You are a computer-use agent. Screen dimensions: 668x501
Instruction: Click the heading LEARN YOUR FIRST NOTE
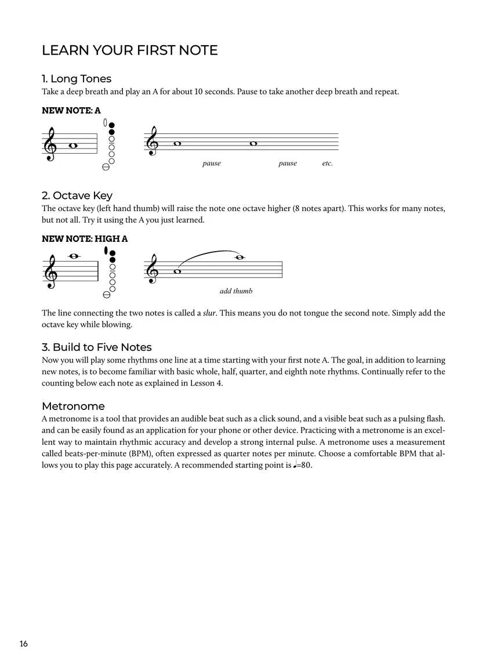coord(129,50)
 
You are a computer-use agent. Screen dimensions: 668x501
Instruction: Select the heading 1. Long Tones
coord(76,79)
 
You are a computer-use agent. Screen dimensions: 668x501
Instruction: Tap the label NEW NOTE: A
coord(71,110)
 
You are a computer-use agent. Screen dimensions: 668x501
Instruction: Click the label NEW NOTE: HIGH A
coord(85,238)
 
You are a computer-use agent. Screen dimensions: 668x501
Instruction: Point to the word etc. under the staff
coord(328,164)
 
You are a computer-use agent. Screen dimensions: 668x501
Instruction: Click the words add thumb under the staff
coord(236,291)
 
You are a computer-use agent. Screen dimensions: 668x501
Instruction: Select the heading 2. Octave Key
coord(77,195)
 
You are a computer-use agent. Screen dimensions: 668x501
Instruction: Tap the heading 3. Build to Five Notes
coord(96,347)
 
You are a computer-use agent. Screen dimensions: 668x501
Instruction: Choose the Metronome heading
coord(73,406)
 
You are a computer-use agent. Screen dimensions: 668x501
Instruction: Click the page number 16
coord(23,644)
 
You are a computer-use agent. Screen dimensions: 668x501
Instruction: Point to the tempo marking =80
coord(304,465)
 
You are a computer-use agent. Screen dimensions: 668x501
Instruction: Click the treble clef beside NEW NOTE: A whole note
coord(50,146)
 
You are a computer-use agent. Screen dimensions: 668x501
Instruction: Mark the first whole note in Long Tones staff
coord(177,143)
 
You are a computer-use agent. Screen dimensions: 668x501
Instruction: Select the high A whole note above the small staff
coord(74,257)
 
